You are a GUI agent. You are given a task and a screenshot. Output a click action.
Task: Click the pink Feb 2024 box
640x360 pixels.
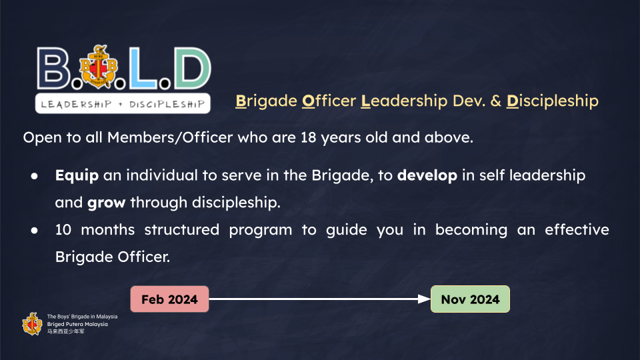pyautogui.click(x=169, y=299)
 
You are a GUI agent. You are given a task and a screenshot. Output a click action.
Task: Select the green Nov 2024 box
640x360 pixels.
pyautogui.click(x=470, y=299)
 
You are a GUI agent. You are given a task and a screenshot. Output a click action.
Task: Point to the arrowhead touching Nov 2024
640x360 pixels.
pyautogui.click(x=425, y=299)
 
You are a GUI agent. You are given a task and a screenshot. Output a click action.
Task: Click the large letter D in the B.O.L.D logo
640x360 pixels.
pyautogui.click(x=193, y=68)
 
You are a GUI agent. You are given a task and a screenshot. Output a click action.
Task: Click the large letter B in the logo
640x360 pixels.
pyautogui.click(x=53, y=68)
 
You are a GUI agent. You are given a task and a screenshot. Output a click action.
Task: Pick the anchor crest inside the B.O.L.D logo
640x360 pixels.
pyautogui.click(x=99, y=67)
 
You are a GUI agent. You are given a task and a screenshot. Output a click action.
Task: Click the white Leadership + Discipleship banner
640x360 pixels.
pyautogui.click(x=123, y=104)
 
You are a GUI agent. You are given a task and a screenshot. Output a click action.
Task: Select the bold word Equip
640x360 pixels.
pyautogui.click(x=77, y=175)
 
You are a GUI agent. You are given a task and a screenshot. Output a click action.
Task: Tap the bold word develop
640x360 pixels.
pyautogui.click(x=427, y=175)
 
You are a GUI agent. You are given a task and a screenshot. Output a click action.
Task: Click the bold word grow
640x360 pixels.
pyautogui.click(x=106, y=203)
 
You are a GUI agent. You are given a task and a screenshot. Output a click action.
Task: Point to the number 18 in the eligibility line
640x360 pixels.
pyautogui.click(x=308, y=137)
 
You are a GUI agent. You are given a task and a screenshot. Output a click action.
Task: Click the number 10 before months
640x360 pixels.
pyautogui.click(x=63, y=230)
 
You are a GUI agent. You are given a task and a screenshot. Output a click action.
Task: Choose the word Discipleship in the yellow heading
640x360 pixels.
pyautogui.click(x=553, y=101)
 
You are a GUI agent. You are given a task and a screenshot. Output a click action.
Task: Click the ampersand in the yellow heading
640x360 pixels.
pyautogui.click(x=495, y=101)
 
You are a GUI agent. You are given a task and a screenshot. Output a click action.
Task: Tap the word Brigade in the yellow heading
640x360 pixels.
pyautogui.click(x=266, y=101)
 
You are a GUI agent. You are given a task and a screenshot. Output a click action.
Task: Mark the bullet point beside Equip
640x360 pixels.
pyautogui.click(x=34, y=176)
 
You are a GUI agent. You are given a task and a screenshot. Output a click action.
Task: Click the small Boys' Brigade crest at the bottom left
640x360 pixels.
pyautogui.click(x=32, y=324)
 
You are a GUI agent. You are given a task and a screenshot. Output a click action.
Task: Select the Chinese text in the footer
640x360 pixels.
pyautogui.click(x=66, y=331)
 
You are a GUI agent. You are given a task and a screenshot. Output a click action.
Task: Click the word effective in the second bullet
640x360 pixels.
pyautogui.click(x=577, y=230)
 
